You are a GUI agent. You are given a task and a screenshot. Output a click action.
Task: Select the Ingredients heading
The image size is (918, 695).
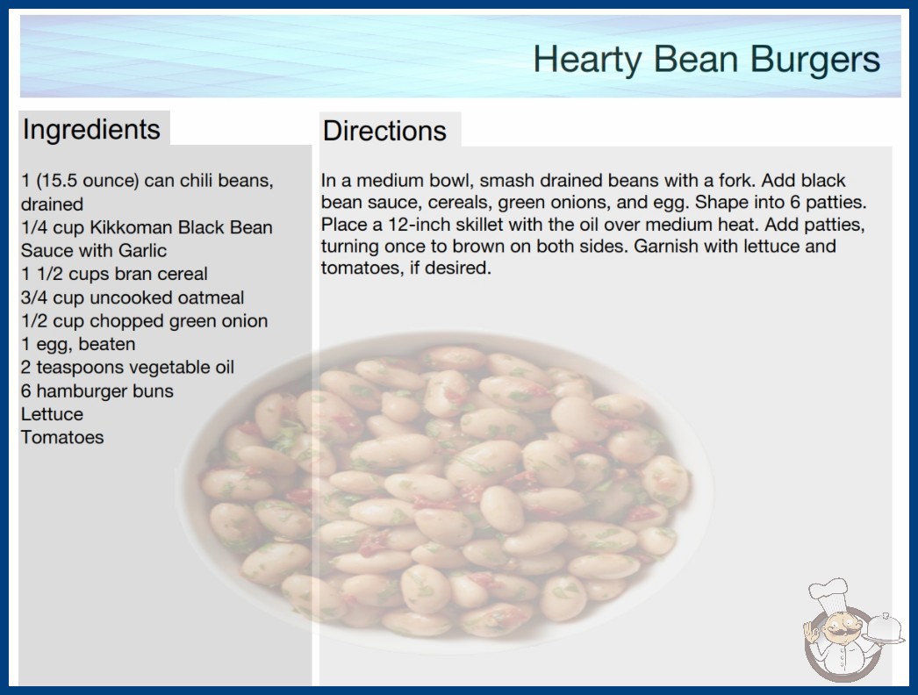click(x=91, y=130)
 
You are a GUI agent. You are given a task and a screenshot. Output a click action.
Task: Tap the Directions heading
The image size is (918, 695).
click(x=384, y=131)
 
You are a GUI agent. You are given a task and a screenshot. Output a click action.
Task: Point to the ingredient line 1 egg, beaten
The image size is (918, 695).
click(x=78, y=344)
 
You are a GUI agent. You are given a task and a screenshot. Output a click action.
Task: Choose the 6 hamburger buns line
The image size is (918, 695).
click(x=97, y=390)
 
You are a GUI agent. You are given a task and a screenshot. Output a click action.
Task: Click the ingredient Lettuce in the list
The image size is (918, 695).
click(x=52, y=414)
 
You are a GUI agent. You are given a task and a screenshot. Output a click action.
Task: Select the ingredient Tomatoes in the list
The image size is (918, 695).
click(x=62, y=437)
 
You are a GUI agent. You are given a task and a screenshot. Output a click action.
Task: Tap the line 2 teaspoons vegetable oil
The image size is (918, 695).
click(x=127, y=367)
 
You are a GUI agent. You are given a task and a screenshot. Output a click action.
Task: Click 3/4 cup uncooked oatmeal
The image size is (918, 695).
click(x=133, y=297)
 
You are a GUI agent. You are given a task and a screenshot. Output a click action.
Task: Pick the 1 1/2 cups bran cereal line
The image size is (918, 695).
click(x=114, y=274)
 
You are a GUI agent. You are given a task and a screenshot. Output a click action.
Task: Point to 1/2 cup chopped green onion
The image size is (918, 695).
click(x=144, y=321)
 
